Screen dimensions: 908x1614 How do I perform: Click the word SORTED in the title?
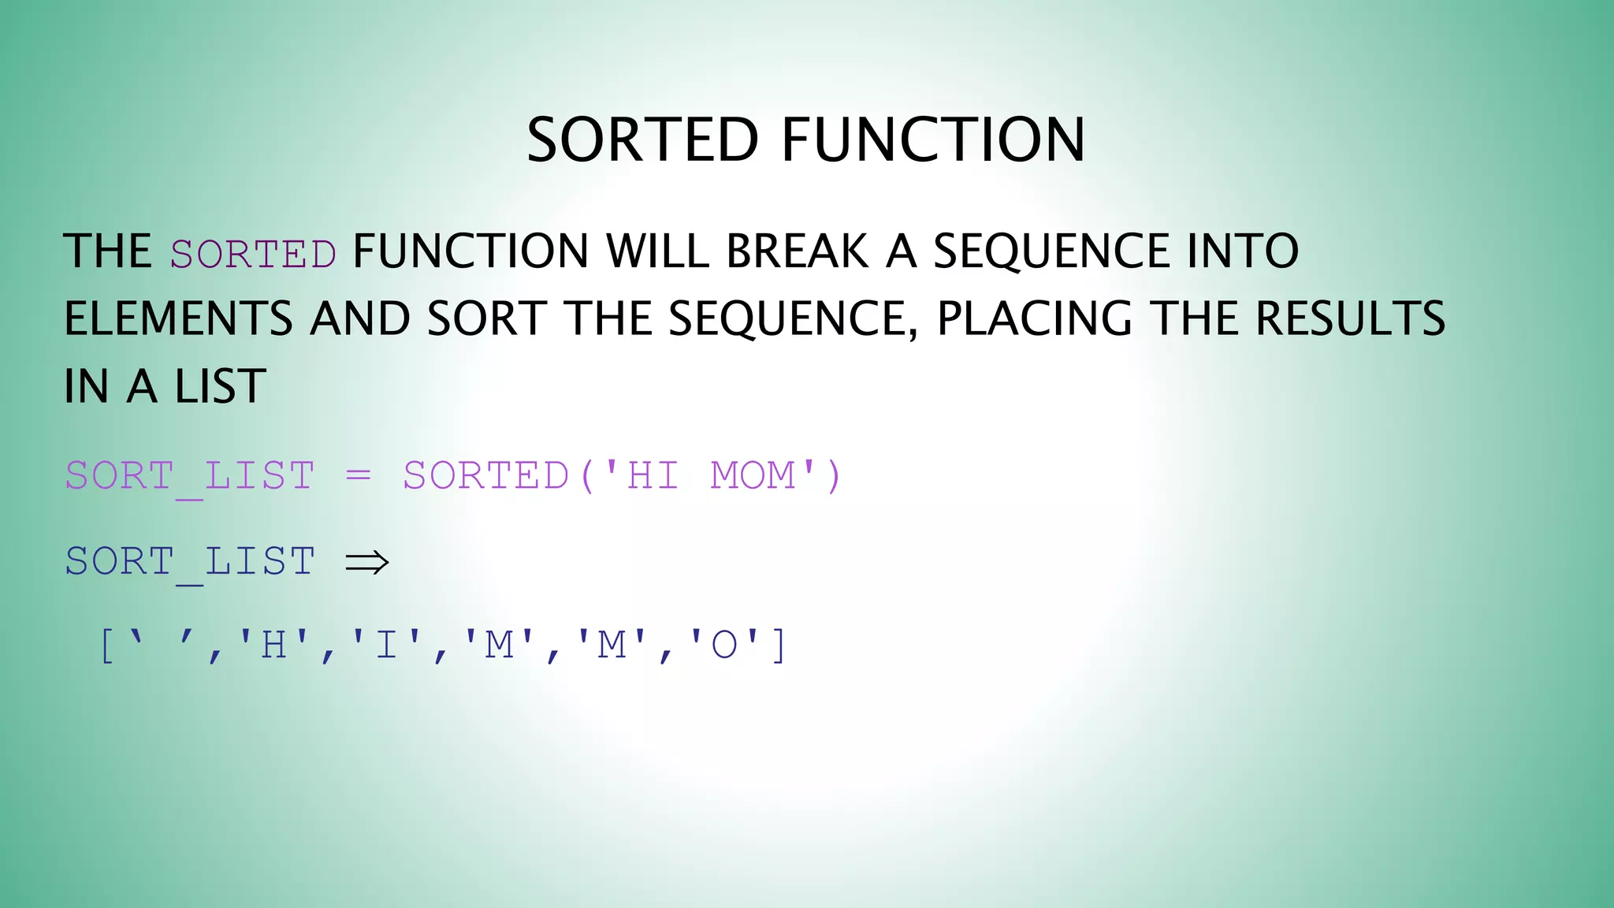coord(642,140)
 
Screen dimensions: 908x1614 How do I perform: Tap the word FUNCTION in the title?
coord(933,140)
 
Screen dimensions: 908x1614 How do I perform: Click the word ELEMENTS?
coord(178,319)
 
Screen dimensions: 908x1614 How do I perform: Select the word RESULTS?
coord(1350,319)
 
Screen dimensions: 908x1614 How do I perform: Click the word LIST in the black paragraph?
coord(220,387)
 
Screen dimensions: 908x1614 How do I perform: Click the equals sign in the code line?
coord(358,476)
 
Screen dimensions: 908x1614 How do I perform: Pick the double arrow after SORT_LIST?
coord(367,562)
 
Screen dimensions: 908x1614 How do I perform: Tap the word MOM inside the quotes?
coord(753,476)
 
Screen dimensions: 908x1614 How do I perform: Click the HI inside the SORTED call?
coord(653,476)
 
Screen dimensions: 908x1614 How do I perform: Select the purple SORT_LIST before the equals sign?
coord(190,476)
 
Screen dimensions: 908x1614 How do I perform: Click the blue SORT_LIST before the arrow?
coord(190,562)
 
